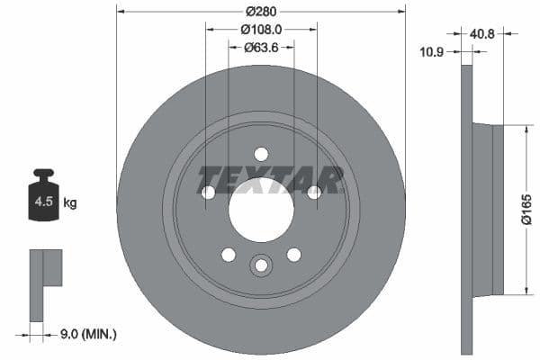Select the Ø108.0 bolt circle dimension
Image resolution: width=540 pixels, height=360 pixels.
tap(261, 30)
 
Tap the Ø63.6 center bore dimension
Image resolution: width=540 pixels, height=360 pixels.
tap(261, 47)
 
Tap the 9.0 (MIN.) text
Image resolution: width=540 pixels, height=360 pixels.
tap(88, 335)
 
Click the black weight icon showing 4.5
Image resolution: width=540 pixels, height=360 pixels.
tap(44, 199)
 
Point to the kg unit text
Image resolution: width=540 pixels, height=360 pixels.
tap(70, 203)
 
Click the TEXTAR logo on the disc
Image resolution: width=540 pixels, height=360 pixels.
tap(271, 179)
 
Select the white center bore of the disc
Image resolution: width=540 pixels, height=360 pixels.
tap(261, 209)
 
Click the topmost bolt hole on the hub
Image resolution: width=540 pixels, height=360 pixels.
tap(261, 153)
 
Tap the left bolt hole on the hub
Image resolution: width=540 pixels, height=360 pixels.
tap(208, 192)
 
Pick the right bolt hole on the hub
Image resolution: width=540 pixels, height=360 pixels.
tap(314, 192)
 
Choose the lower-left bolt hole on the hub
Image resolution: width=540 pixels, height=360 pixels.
tap(229, 254)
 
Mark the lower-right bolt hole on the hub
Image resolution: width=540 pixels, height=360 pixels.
tap(293, 254)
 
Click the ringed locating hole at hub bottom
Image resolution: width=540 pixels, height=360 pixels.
tap(261, 265)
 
